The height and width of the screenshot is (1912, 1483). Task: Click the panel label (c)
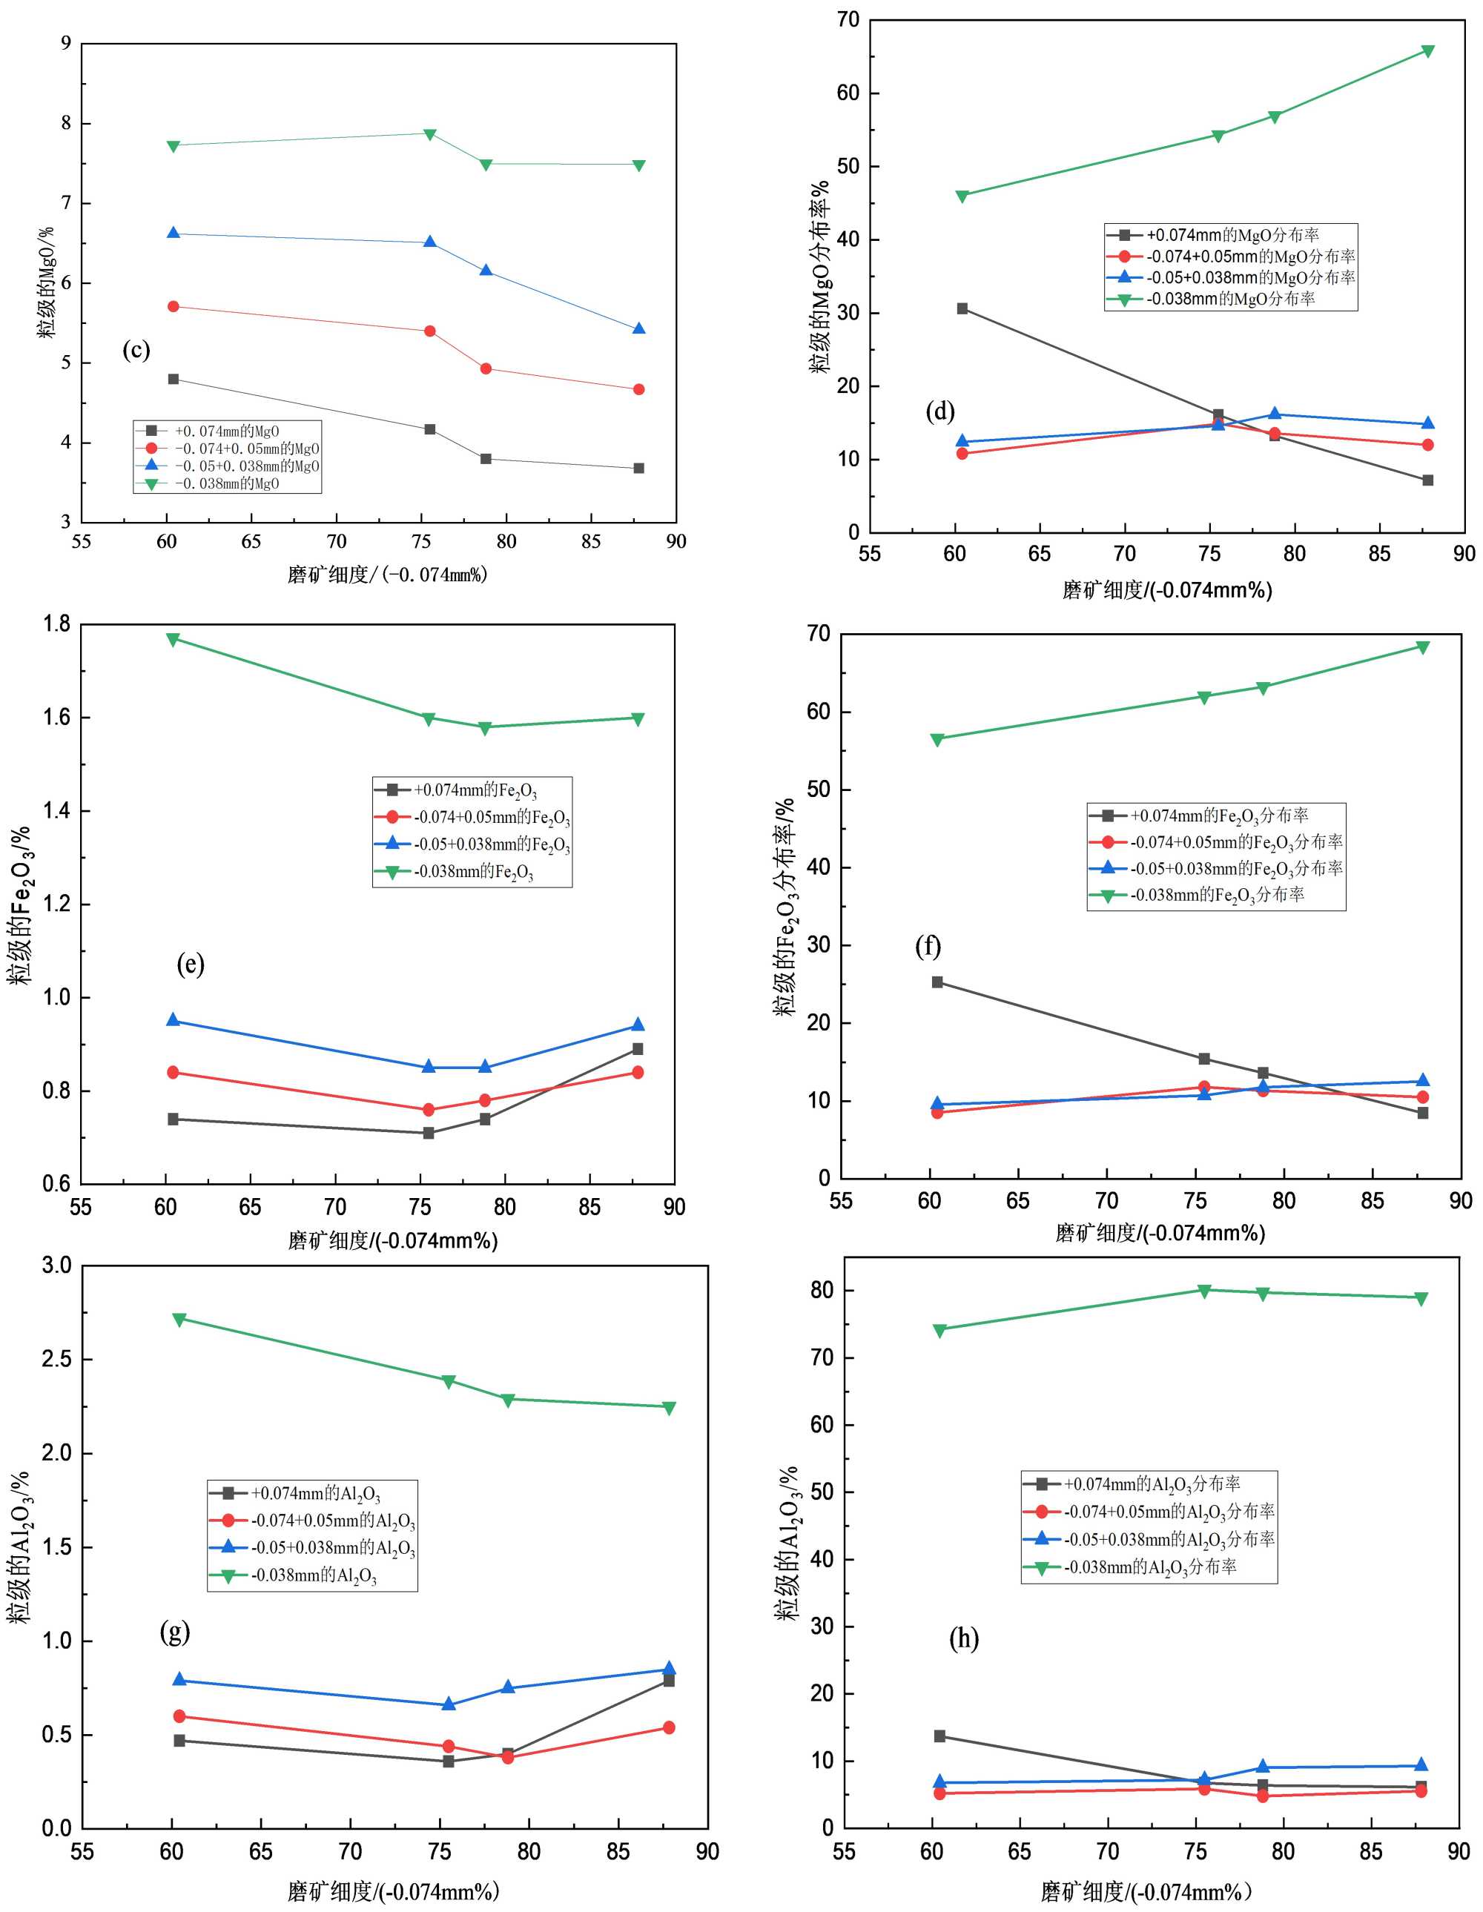pyautogui.click(x=136, y=350)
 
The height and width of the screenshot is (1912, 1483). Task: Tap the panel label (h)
pyautogui.click(x=963, y=1639)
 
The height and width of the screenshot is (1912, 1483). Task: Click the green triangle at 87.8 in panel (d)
pyautogui.click(x=1428, y=50)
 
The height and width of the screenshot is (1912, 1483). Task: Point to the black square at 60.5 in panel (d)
pyautogui.click(x=962, y=308)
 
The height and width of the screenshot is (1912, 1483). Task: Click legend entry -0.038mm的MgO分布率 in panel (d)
pyautogui.click(x=1230, y=300)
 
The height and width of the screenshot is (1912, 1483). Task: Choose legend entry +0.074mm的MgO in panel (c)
pyautogui.click(x=227, y=431)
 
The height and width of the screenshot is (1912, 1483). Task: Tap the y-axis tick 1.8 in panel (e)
pyautogui.click(x=58, y=623)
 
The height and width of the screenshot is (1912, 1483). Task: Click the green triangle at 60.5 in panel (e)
pyautogui.click(x=174, y=639)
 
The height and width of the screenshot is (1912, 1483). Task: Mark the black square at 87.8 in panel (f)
pyautogui.click(x=1423, y=1114)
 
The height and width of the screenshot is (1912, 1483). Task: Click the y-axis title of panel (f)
pyautogui.click(x=785, y=906)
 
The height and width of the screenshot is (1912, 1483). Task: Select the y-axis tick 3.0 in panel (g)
pyautogui.click(x=58, y=1265)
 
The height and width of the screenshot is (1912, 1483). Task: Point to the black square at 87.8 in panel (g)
pyautogui.click(x=669, y=1681)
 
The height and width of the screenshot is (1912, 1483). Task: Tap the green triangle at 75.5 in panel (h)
pyautogui.click(x=1203, y=1291)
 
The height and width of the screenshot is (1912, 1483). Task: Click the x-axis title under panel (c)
pyautogui.click(x=388, y=575)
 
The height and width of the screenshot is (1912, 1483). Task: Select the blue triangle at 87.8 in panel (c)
pyautogui.click(x=639, y=329)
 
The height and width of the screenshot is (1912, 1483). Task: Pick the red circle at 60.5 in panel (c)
pyautogui.click(x=174, y=306)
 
